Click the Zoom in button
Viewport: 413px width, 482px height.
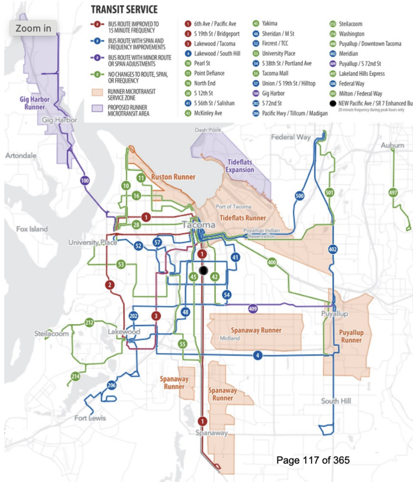(x=33, y=28)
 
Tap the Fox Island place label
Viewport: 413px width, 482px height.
(x=31, y=229)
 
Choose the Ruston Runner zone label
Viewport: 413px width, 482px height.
(x=173, y=177)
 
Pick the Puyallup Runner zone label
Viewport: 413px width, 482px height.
(x=351, y=336)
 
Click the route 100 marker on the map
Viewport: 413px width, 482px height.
(x=85, y=180)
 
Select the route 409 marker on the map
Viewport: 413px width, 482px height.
(x=253, y=309)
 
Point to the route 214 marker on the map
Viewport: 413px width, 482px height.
(x=75, y=376)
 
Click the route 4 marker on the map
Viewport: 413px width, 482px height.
(x=258, y=356)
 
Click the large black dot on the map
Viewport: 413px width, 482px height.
(x=204, y=271)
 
